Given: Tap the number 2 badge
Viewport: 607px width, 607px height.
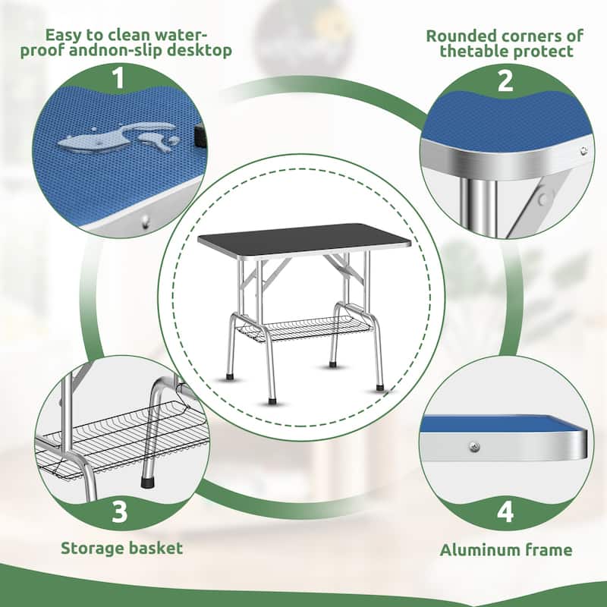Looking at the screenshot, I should click(505, 80).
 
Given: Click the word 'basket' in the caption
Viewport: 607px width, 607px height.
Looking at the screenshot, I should click(155, 547).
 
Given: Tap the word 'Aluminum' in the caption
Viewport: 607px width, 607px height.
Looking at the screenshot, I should click(478, 549).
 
